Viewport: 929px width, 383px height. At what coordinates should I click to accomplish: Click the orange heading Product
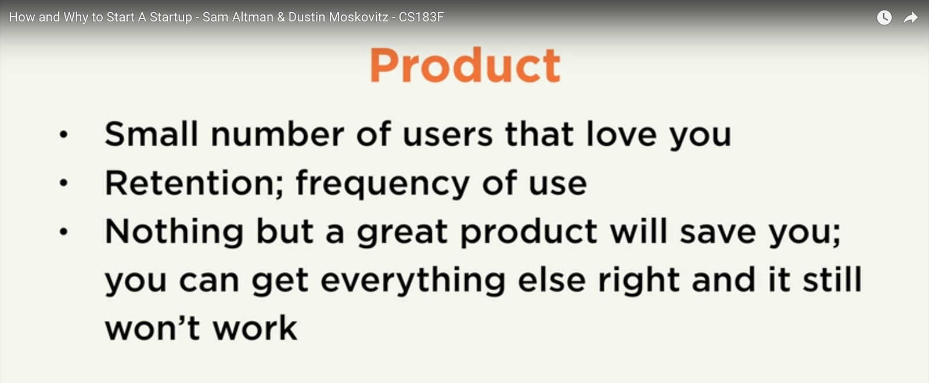tap(465, 65)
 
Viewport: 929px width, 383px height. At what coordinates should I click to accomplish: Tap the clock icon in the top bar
tap(884, 17)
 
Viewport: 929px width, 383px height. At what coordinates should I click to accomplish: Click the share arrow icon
tap(910, 18)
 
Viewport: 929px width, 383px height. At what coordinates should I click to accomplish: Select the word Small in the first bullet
tap(151, 133)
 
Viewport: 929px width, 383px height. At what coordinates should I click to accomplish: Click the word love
tap(621, 133)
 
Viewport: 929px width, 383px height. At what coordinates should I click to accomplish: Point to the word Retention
tap(194, 182)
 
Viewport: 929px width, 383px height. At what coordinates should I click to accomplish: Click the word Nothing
tap(174, 232)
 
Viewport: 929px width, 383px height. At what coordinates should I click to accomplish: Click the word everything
tap(413, 280)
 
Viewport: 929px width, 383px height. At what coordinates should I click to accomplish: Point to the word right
tap(639, 280)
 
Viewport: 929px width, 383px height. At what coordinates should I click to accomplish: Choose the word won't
tap(152, 327)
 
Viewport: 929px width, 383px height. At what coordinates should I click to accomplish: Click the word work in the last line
tap(255, 327)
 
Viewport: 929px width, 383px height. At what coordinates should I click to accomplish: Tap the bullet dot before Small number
tap(63, 134)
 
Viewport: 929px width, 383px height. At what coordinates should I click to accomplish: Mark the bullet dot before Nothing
tap(63, 232)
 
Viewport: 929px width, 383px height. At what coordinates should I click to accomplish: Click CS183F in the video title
tap(421, 17)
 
